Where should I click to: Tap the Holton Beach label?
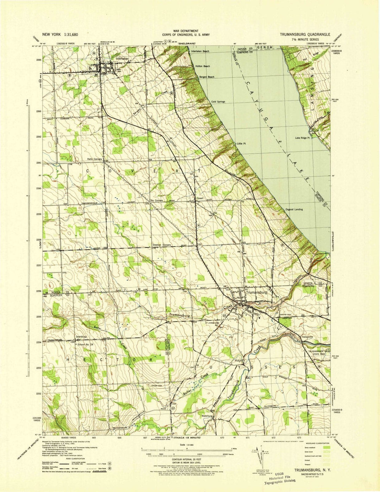(203, 66)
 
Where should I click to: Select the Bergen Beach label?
(206, 77)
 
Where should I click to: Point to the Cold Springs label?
(218, 102)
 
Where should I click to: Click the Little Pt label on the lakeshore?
(241, 144)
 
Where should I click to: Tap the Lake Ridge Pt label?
(304, 138)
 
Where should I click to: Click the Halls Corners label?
(94, 159)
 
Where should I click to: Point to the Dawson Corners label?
(161, 245)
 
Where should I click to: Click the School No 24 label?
(86, 344)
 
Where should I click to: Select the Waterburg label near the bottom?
(208, 416)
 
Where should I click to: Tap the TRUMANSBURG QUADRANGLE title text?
(305, 35)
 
